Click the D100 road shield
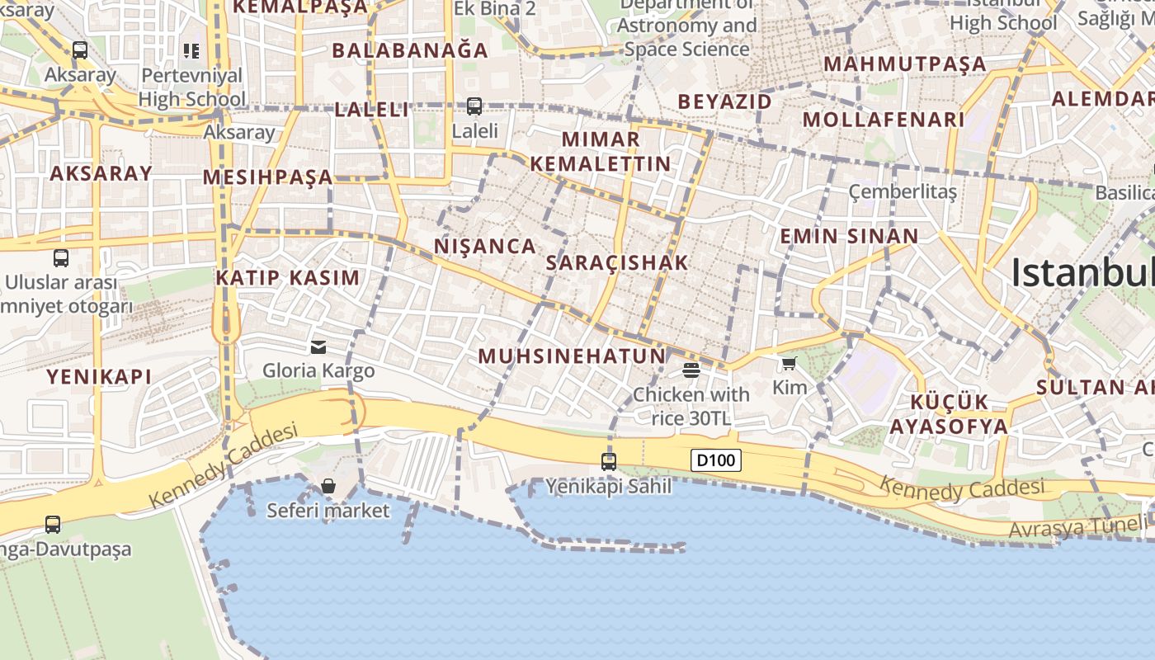coord(715,460)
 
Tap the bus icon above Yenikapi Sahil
coord(609,462)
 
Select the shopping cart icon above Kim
coord(790,363)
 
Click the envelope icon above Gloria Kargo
coord(318,346)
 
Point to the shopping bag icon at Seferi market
coord(328,486)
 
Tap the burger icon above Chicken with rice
coord(691,369)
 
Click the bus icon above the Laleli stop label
coord(474,106)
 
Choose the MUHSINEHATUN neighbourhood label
coord(572,356)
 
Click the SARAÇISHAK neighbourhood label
coord(617,263)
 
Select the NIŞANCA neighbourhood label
coord(485,246)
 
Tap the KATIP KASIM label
coord(288,278)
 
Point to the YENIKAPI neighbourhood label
coord(99,377)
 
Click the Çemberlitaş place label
coord(903,192)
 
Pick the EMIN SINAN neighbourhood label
coord(849,237)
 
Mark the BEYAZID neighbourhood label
coord(725,102)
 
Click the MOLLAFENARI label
coord(884,120)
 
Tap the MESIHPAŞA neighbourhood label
coord(268,177)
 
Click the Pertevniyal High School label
coord(192,87)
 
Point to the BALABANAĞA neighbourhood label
coord(410,50)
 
